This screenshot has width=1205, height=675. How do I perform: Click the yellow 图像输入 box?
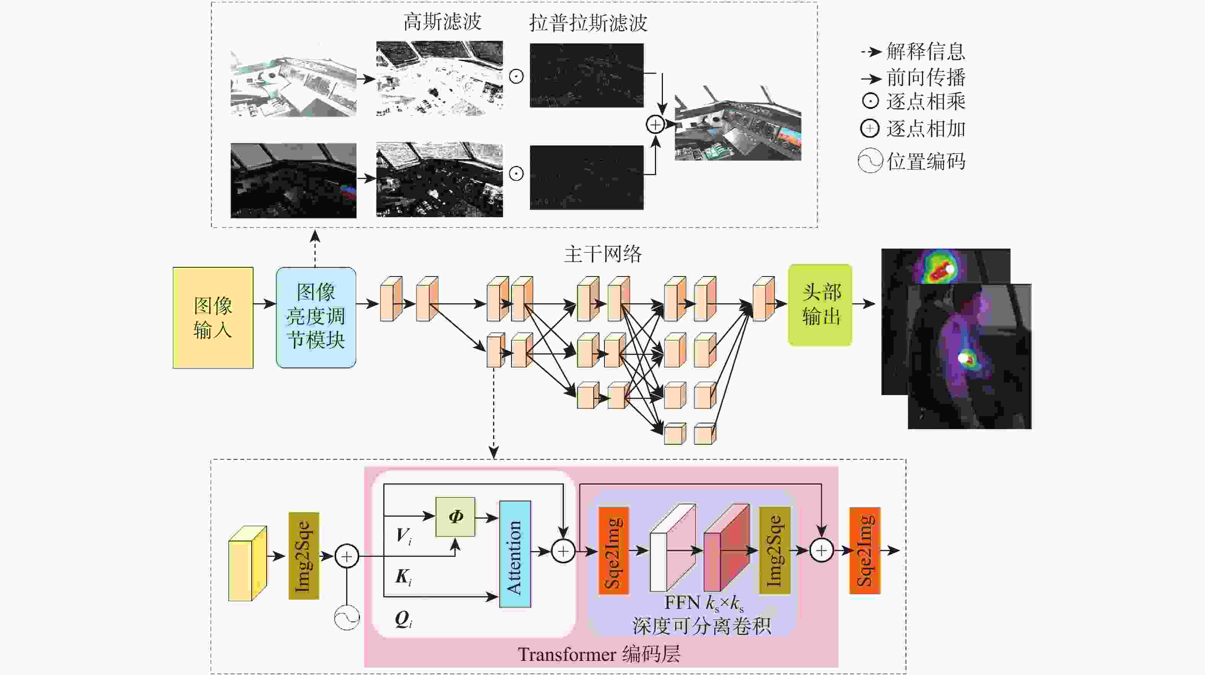[213, 318]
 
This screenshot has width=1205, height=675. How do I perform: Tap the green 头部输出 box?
[820, 304]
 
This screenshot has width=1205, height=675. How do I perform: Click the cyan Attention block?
[515, 554]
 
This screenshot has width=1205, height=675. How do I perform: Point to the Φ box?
[455, 516]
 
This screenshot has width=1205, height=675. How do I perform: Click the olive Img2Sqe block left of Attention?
[304, 556]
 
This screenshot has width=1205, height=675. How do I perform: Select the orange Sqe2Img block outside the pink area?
[865, 551]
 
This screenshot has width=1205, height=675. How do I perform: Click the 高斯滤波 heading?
[442, 21]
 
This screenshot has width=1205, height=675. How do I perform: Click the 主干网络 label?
[602, 254]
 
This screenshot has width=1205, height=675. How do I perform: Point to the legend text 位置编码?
[926, 161]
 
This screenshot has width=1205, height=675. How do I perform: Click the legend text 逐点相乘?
[925, 101]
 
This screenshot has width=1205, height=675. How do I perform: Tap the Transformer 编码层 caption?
[599, 654]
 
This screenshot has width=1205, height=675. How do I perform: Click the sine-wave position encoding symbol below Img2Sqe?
[347, 618]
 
